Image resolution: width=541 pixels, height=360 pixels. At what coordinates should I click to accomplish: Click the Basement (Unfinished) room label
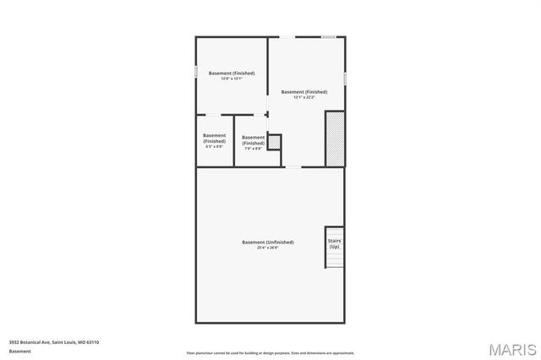pyautogui.click(x=268, y=242)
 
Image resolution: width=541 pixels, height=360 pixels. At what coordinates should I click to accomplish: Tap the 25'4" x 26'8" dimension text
pyautogui.click(x=268, y=248)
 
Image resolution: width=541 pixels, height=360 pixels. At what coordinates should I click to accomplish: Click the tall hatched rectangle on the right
pyautogui.click(x=335, y=138)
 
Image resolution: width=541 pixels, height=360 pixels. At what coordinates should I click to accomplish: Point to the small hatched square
pyautogui.click(x=274, y=141)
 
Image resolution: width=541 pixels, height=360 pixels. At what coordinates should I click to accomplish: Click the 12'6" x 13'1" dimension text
pyautogui.click(x=232, y=79)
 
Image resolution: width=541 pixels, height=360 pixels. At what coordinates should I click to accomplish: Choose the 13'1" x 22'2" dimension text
pyautogui.click(x=304, y=97)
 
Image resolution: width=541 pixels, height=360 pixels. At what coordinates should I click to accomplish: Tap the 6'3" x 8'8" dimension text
pyautogui.click(x=215, y=146)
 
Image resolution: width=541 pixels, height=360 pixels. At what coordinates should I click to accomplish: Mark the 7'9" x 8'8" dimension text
pyautogui.click(x=254, y=149)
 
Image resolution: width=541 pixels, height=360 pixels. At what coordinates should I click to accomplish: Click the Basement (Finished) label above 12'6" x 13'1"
pyautogui.click(x=232, y=73)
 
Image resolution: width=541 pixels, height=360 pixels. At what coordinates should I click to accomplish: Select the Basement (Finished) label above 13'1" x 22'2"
pyautogui.click(x=304, y=91)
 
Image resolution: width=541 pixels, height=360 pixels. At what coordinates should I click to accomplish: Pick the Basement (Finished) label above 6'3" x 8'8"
pyautogui.click(x=215, y=138)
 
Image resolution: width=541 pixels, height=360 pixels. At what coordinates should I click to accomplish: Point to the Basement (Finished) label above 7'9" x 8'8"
pyautogui.click(x=254, y=140)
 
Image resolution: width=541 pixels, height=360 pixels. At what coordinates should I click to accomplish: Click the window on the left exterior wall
pyautogui.click(x=196, y=73)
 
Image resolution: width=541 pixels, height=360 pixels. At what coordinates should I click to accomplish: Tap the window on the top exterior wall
pyautogui.click(x=328, y=36)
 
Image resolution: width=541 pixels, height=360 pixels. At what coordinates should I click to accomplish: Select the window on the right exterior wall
pyautogui.click(x=345, y=79)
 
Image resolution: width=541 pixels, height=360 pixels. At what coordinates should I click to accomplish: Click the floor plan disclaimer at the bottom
pyautogui.click(x=270, y=353)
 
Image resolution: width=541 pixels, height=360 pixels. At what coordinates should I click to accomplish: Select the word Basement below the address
pyautogui.click(x=19, y=351)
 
